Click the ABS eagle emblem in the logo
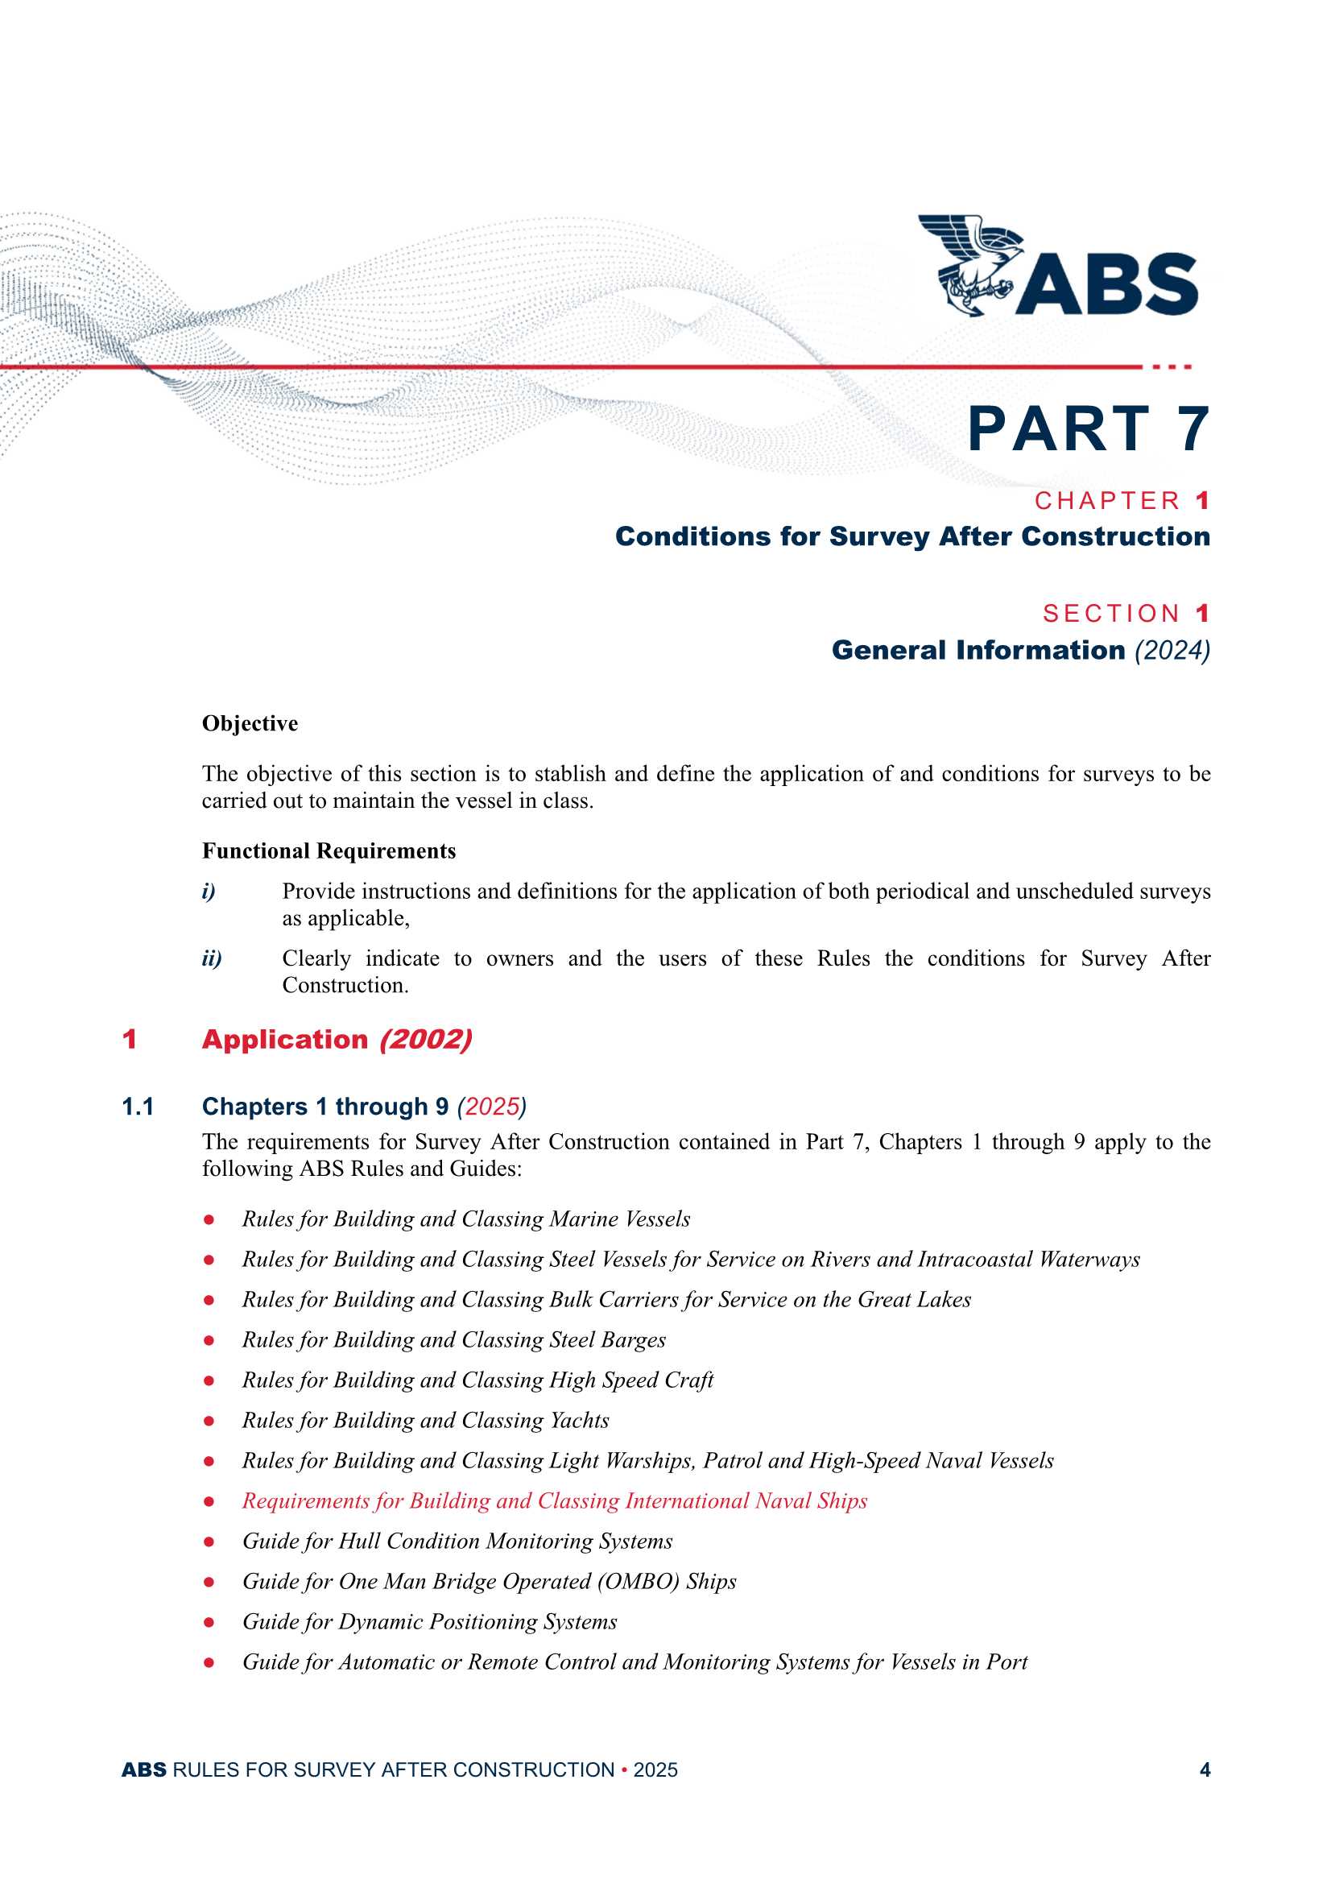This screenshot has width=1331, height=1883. pyautogui.click(x=968, y=264)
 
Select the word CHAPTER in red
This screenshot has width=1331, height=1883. pyautogui.click(x=1107, y=501)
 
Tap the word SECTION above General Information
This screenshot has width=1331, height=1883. pyautogui.click(x=1111, y=614)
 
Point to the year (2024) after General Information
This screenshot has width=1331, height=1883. pyautogui.click(x=1172, y=651)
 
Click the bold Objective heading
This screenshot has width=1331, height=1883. pyautogui.click(x=250, y=723)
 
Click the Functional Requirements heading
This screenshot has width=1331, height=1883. pyautogui.click(x=329, y=851)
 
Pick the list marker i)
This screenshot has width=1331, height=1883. pyautogui.click(x=209, y=892)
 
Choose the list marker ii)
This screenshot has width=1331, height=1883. pyautogui.click(x=212, y=958)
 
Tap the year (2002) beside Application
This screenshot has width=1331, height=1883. pyautogui.click(x=426, y=1040)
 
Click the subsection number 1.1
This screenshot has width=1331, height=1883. pyautogui.click(x=138, y=1107)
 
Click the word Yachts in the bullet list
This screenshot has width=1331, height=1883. pyautogui.click(x=580, y=1421)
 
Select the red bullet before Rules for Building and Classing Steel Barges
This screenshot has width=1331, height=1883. pyautogui.click(x=209, y=1340)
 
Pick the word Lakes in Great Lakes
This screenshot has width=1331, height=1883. pyautogui.click(x=944, y=1300)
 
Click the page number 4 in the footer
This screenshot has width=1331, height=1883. pyautogui.click(x=1205, y=1769)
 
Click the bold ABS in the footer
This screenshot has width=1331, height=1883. pyautogui.click(x=143, y=1769)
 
